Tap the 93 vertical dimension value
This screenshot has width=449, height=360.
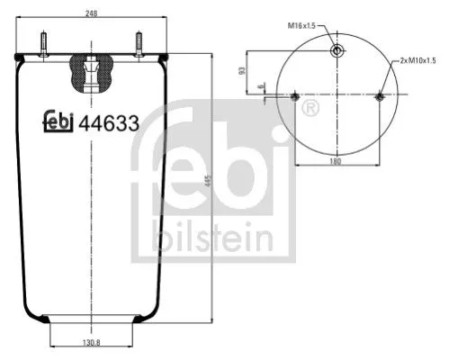(242, 71)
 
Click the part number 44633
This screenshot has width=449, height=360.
(109, 124)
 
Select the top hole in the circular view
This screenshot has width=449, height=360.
(337, 50)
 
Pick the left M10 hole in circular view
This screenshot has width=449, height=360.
(296, 96)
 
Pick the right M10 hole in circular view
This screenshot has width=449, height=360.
(379, 96)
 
